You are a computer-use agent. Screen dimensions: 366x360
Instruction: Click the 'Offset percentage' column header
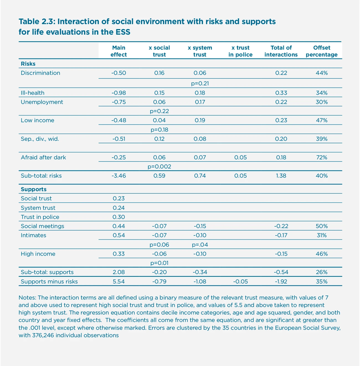point(322,51)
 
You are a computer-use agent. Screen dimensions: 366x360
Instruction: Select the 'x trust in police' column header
point(240,51)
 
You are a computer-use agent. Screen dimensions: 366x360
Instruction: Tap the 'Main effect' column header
point(119,51)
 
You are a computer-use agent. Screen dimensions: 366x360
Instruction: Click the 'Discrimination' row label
point(40,73)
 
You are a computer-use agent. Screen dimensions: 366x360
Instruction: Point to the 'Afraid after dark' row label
point(43,157)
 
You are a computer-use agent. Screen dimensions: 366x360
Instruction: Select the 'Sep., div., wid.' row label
point(40,139)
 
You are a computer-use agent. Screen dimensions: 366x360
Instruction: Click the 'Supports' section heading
point(34,189)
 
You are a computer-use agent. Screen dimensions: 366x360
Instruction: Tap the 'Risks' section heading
point(28,64)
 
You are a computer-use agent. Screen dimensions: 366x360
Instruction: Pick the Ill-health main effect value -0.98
point(119,93)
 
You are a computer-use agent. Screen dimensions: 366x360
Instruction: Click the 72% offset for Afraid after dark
point(322,157)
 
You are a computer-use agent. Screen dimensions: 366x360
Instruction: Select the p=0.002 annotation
point(159,167)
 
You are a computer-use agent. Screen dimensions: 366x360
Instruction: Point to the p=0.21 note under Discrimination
point(200,83)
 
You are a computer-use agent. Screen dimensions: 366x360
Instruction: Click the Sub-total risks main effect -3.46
point(119,176)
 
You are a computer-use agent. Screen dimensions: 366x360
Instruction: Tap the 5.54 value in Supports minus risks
point(119,281)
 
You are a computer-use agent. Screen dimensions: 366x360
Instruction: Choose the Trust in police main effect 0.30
point(119,217)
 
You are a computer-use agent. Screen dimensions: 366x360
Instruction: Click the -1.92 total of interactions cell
point(281,281)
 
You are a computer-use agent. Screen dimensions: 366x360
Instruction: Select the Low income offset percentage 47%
point(322,120)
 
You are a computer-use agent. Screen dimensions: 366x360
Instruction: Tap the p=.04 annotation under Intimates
point(200,245)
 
